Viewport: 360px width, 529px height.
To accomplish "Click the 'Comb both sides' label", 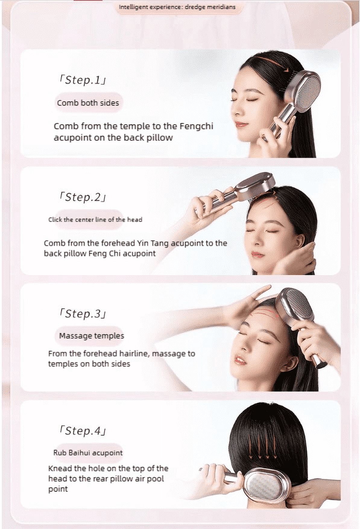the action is [x=88, y=103].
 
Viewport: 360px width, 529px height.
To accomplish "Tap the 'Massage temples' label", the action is [x=92, y=336].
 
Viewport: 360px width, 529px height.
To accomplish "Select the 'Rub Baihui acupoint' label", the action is [x=88, y=453].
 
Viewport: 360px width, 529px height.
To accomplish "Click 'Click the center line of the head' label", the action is [x=95, y=220].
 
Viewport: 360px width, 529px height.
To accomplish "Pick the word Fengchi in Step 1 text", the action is [x=196, y=126].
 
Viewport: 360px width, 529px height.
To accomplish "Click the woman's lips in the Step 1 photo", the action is [x=241, y=124].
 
